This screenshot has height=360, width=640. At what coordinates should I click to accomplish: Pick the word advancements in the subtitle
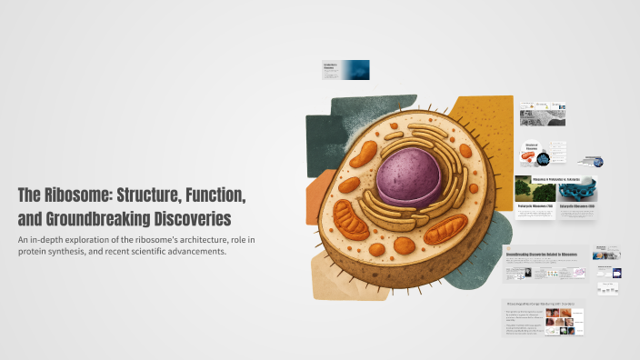tap(196, 252)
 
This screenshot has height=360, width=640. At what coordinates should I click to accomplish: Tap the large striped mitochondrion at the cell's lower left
tap(351, 218)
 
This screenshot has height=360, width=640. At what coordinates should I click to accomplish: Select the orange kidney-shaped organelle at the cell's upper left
tap(365, 154)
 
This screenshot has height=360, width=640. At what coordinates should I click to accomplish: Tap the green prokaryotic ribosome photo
tap(530, 188)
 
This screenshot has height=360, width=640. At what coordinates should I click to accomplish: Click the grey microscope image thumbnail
tap(542, 115)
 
